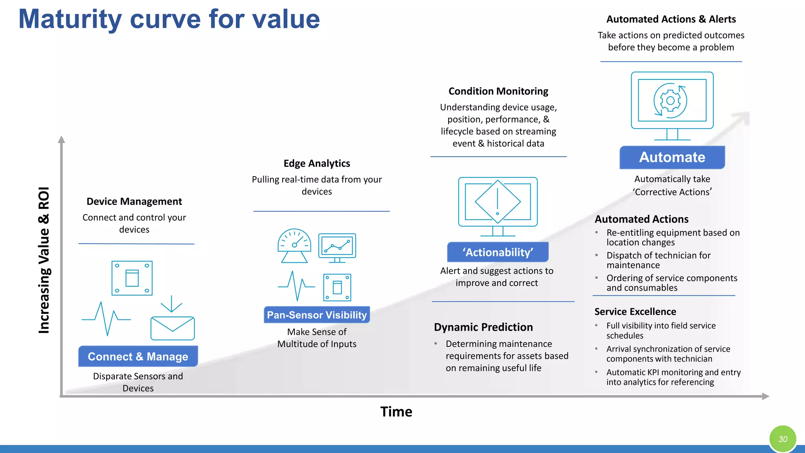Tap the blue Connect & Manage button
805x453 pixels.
tap(138, 356)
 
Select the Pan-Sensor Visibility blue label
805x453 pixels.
tap(317, 315)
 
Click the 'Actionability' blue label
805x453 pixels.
tap(498, 252)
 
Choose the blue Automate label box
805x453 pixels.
tap(672, 157)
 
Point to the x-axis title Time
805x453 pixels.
tap(396, 412)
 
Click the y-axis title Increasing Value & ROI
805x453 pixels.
tap(44, 260)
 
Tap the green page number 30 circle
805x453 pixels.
tap(783, 439)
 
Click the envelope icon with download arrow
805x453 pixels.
tap(172, 323)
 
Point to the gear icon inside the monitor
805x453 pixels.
tap(671, 101)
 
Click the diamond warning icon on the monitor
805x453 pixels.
tap(498, 202)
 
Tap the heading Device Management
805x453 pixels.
tap(134, 201)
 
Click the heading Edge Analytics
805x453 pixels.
tap(317, 163)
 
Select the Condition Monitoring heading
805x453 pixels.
tap(498, 91)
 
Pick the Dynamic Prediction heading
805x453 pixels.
tap(483, 327)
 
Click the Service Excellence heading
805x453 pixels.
tap(635, 311)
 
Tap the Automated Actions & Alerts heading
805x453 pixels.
tap(671, 19)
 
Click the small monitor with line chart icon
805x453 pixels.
tap(337, 247)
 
